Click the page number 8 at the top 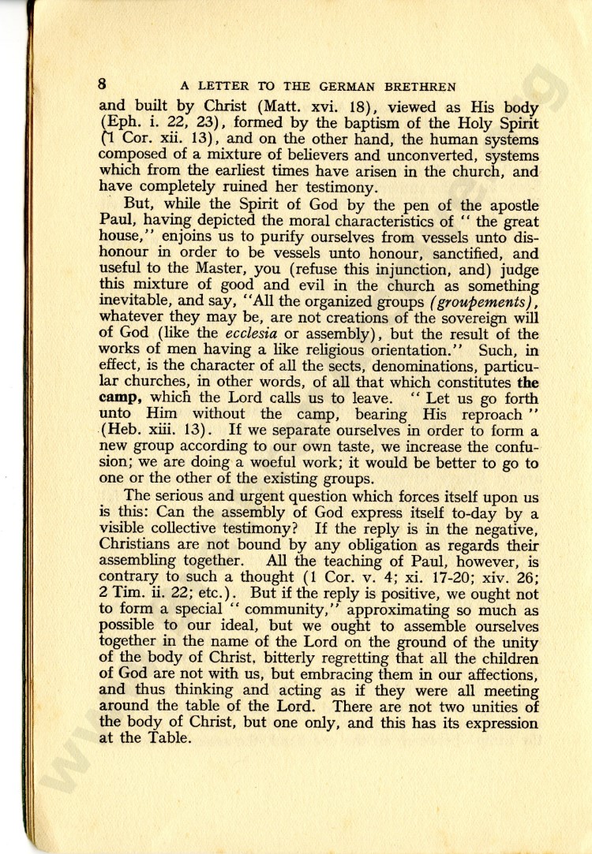103,84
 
